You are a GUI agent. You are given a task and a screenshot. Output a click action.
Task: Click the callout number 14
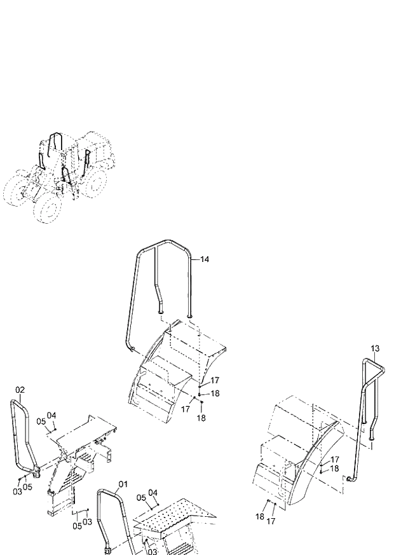204,259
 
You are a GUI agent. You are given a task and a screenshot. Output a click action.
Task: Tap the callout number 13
375,348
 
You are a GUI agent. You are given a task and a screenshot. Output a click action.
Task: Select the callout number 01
123,484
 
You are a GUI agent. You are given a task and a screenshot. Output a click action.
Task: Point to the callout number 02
20,390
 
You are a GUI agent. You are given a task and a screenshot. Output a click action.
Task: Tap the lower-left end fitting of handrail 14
132,348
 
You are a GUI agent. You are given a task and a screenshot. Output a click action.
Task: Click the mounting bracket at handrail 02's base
37,471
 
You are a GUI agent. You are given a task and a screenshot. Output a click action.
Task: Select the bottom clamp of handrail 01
107,548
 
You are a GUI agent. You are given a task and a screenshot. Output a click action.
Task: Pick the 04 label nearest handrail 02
51,415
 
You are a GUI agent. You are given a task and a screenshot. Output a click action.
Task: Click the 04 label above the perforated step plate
153,492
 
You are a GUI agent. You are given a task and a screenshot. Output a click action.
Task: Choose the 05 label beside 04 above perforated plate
141,497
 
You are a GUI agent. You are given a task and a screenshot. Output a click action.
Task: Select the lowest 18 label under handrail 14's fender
201,418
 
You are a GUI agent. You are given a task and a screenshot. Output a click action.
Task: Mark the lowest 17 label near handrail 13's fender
271,521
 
